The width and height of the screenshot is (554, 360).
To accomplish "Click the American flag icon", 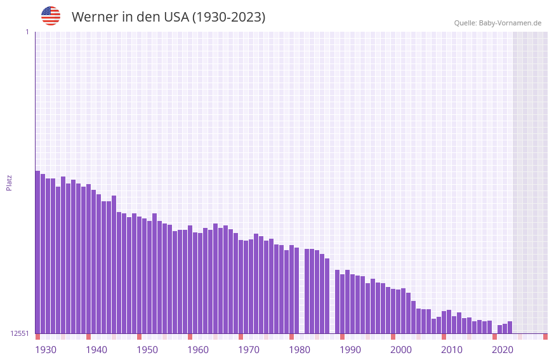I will click(51, 16).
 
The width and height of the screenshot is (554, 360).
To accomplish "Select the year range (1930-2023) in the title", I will click(228, 17).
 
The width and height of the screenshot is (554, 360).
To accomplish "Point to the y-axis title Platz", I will click(9, 182).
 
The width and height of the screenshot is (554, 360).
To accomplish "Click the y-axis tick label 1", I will click(27, 32).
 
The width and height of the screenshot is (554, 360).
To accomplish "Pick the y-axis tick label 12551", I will click(19, 333).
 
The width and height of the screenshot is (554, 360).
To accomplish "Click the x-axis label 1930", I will click(46, 350).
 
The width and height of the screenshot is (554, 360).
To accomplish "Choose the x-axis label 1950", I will click(147, 350).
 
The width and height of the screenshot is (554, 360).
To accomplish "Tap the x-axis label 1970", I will click(249, 350).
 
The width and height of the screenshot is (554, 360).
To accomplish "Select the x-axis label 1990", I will click(350, 350).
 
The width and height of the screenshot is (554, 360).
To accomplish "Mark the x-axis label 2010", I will click(452, 350).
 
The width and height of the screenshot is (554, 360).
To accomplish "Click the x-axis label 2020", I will click(503, 350).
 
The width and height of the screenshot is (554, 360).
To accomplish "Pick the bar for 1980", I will click(291, 289).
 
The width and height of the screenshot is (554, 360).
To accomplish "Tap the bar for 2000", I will click(393, 311).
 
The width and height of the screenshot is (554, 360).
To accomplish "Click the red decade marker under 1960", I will click(190, 337).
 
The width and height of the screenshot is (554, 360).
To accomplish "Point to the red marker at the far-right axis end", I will click(545, 337).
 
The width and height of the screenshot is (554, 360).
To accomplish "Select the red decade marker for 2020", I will click(494, 337).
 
